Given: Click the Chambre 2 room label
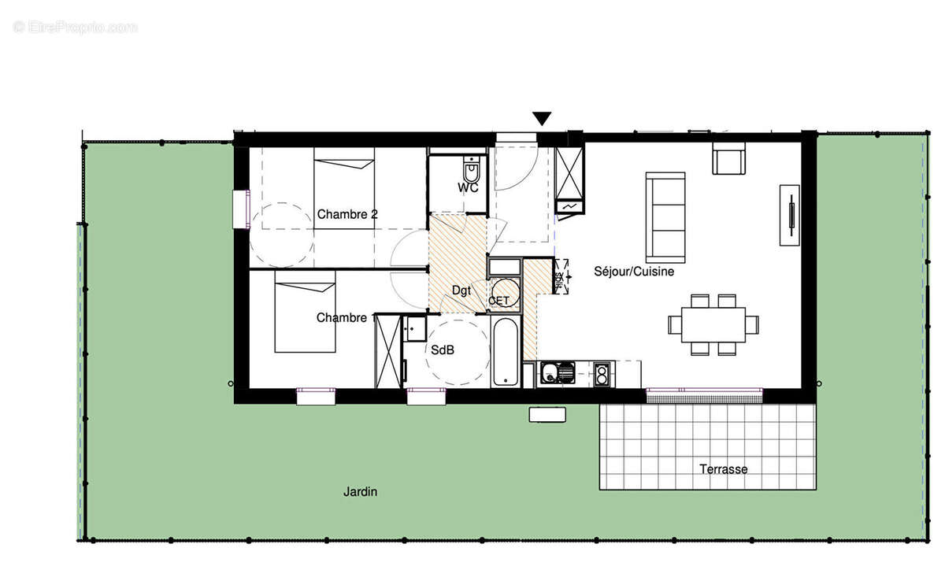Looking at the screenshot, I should (347, 214).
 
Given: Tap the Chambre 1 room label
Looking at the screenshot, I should (344, 317).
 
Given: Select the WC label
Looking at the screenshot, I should (469, 188).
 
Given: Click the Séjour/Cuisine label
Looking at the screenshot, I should (633, 272).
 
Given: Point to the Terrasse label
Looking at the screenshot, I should (723, 469).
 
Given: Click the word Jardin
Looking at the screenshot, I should (360, 492).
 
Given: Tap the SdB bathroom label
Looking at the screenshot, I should (442, 350).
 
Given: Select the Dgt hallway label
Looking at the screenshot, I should (461, 290).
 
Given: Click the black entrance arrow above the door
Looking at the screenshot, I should (542, 118).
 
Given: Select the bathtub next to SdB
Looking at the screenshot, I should (505, 351).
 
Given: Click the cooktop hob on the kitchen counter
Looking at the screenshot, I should (602, 373).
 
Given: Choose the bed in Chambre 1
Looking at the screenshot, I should (305, 312).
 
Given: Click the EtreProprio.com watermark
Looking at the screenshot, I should (76, 27).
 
